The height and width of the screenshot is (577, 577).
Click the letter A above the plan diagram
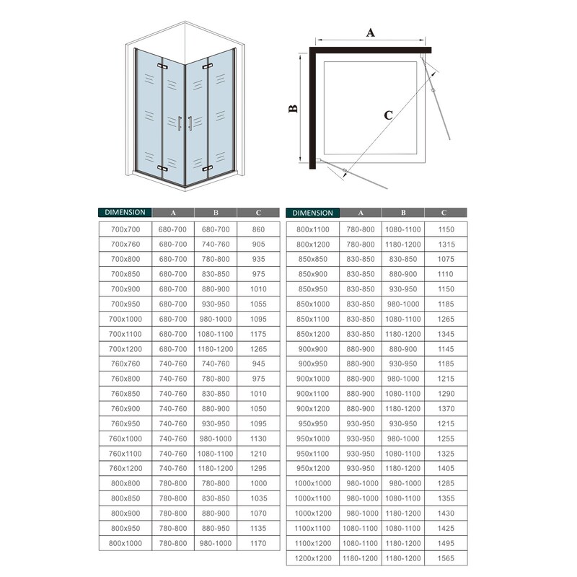(x=371, y=32)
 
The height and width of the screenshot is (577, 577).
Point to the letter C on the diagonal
(x=388, y=115)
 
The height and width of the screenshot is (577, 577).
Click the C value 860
(x=259, y=229)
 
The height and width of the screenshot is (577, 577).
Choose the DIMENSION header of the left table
(x=124, y=213)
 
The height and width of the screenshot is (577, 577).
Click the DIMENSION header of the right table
(x=313, y=213)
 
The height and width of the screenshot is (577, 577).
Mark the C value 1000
(x=259, y=483)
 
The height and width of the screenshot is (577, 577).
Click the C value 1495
(x=445, y=543)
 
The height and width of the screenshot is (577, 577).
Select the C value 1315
(x=445, y=245)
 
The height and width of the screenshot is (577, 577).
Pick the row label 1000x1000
(x=312, y=483)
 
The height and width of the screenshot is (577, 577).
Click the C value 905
(x=259, y=245)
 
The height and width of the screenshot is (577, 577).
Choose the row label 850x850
(x=312, y=259)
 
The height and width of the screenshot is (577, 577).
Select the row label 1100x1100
(x=312, y=528)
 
